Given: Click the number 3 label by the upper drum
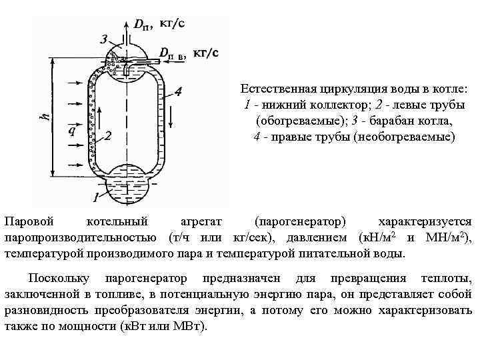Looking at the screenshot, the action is pyautogui.click(x=103, y=39).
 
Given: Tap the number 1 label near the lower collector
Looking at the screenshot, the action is pyautogui.click(x=96, y=197).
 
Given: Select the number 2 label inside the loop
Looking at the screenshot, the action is pyautogui.click(x=107, y=136).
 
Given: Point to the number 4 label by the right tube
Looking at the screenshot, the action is pyautogui.click(x=178, y=92).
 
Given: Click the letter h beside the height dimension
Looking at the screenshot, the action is pyautogui.click(x=45, y=115).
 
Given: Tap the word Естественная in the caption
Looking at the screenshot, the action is pyautogui.click(x=273, y=89).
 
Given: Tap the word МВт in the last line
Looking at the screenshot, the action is pyautogui.click(x=191, y=327).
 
